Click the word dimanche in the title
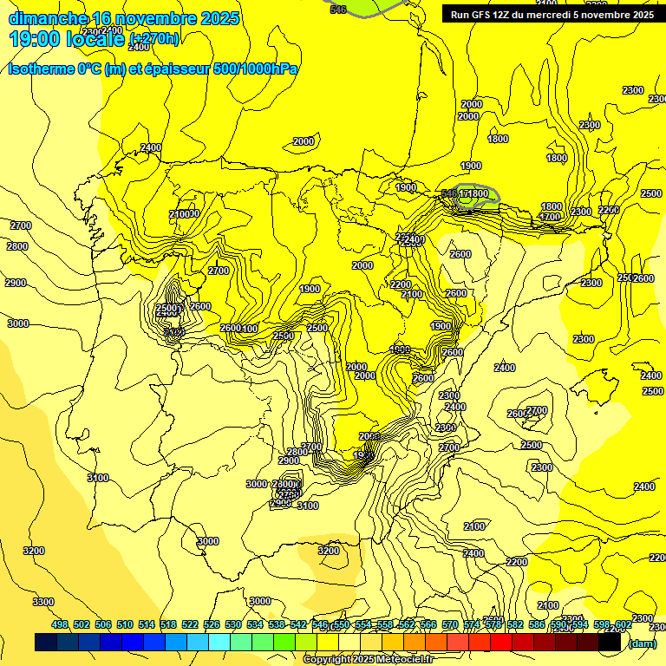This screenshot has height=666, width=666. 48,18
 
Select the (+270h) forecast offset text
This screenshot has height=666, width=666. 154,38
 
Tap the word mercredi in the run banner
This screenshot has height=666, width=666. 555,14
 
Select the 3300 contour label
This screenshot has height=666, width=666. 42,602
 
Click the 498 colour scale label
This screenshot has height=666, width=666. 60,624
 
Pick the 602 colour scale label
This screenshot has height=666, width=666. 623,624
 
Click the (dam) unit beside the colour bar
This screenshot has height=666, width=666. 642,643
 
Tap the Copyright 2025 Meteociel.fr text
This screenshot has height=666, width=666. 368,659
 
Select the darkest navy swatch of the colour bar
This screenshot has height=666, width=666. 46,642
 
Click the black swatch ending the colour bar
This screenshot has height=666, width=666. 610,642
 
